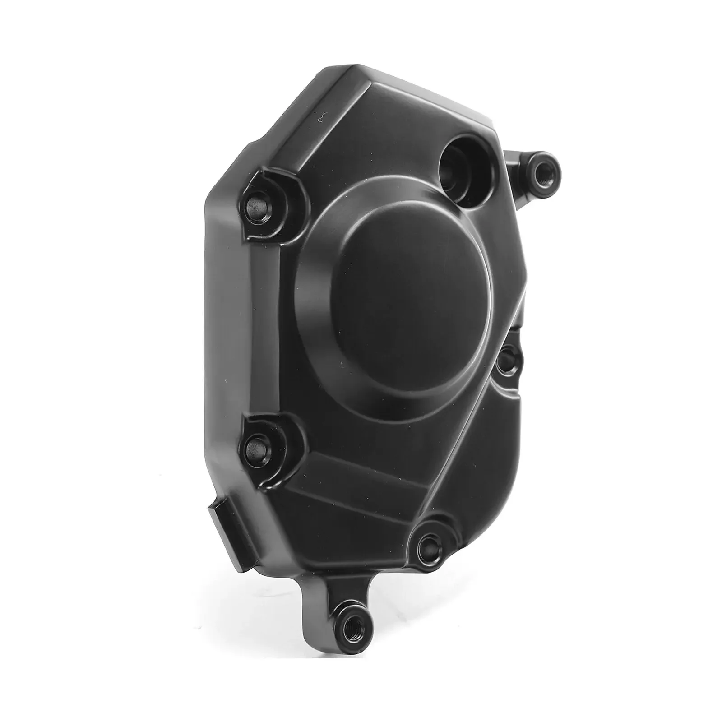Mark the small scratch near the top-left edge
(x=320, y=117)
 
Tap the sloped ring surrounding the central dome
(x=316, y=352)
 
